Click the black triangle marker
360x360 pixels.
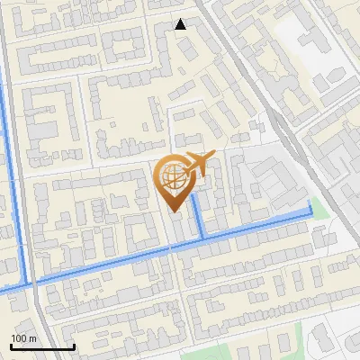[x=181, y=24]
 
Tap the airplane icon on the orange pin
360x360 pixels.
[x=198, y=165]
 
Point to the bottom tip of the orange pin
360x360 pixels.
[x=174, y=212]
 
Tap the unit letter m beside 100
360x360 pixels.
[x=34, y=338]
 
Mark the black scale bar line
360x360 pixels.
[x=42, y=347]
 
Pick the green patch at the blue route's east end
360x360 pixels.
[x=315, y=204]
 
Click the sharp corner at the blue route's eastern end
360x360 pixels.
[x=310, y=213]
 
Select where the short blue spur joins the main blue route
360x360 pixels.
[x=203, y=236]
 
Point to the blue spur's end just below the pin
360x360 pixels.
[x=194, y=210]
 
